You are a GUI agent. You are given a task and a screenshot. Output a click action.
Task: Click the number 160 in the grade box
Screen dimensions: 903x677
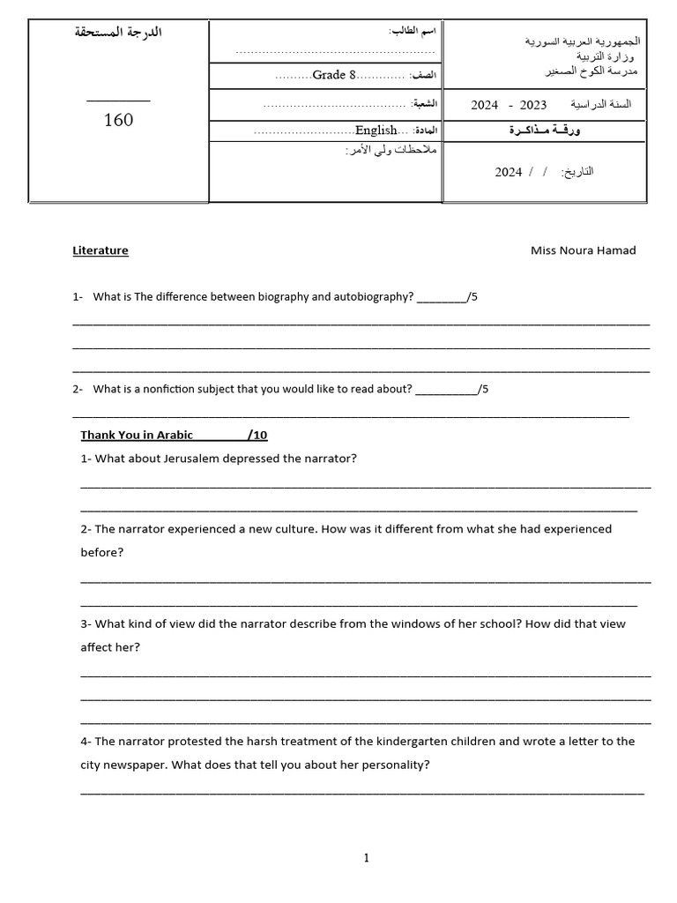pyautogui.click(x=118, y=120)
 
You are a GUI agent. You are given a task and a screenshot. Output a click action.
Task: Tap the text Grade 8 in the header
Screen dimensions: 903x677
pyautogui.click(x=334, y=75)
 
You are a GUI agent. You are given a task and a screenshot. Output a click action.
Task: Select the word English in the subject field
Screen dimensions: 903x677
pyautogui.click(x=376, y=131)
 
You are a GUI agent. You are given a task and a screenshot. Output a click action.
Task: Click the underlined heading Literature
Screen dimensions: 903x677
pyautogui.click(x=100, y=250)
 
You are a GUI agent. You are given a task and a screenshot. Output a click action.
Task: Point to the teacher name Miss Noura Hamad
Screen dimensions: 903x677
pyautogui.click(x=583, y=250)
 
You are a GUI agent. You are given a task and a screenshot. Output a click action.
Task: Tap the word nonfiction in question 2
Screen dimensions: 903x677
pyautogui.click(x=164, y=389)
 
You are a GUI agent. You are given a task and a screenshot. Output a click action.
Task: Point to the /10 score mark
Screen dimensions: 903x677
pyautogui.click(x=257, y=435)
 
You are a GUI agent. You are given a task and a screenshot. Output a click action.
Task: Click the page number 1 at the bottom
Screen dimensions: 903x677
pyautogui.click(x=367, y=858)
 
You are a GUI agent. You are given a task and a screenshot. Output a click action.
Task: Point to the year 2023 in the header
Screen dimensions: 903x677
pyautogui.click(x=533, y=105)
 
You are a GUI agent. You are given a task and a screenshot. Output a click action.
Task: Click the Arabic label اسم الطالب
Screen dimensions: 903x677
pyautogui.click(x=413, y=32)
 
